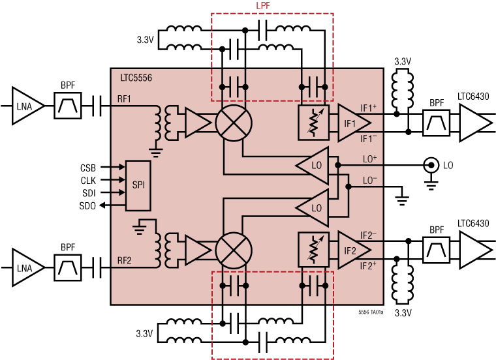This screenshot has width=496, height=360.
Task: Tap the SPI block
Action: click(x=138, y=185)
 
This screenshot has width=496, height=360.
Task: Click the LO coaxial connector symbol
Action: click(x=431, y=166)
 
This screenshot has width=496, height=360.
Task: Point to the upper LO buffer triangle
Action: click(x=314, y=166)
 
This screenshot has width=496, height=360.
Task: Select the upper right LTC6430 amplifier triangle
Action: click(x=476, y=123)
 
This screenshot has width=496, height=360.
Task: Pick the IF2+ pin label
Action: click(x=369, y=266)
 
